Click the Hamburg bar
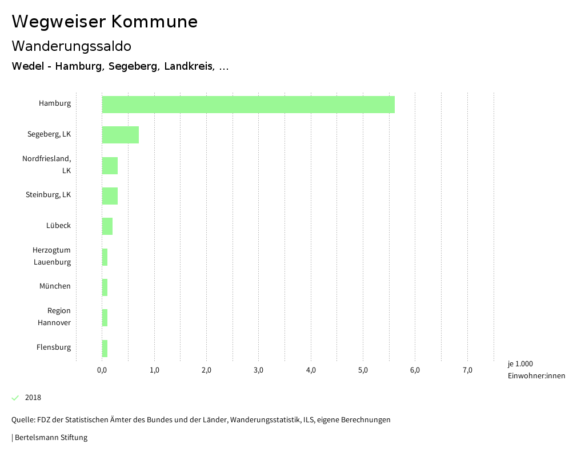tap(248, 105)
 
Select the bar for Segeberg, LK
tap(121, 135)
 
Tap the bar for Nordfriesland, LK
tap(110, 166)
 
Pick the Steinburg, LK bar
tap(110, 196)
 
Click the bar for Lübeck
tap(107, 226)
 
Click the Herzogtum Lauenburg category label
tap(52, 256)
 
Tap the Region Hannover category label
tap(54, 317)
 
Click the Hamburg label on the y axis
tap(55, 103)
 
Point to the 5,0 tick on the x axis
tap(363, 370)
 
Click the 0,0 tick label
tap(102, 370)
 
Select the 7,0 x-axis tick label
tap(467, 370)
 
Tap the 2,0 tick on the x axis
tap(206, 370)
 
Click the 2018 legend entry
tap(33, 398)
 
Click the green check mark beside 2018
tap(15, 398)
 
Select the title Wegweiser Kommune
tap(105, 22)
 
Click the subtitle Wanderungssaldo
tap(71, 46)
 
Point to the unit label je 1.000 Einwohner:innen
tap(536, 370)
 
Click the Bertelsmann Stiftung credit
tap(50, 438)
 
